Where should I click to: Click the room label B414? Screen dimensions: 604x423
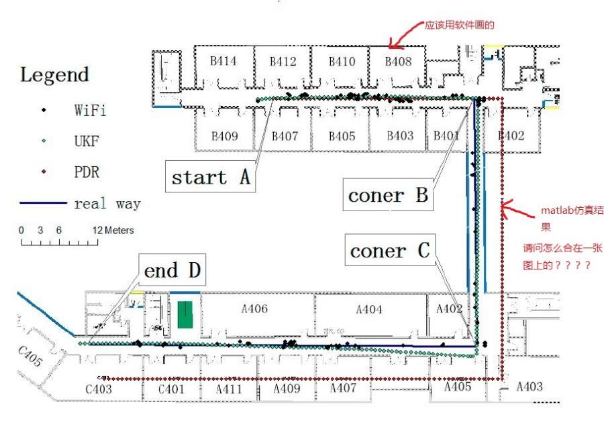[223, 61]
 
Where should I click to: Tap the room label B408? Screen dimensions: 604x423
[398, 61]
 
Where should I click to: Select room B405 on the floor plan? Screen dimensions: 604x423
[342, 136]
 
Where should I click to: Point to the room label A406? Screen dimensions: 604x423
[254, 308]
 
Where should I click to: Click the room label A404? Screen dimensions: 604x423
[369, 309]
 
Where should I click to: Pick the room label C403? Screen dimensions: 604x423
[99, 389]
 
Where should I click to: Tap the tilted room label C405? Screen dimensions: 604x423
[30, 356]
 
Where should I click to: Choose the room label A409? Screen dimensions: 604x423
[287, 388]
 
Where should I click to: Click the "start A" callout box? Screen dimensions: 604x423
[210, 177]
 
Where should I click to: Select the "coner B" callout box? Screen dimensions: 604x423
[388, 194]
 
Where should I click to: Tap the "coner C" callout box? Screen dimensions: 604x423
[390, 250]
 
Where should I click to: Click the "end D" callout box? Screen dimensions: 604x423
[172, 269]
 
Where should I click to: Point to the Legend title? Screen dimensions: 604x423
[54, 74]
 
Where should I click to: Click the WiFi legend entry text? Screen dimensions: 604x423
[90, 110]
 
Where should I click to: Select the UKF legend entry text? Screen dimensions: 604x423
[87, 141]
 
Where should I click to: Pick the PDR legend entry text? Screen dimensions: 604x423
[87, 172]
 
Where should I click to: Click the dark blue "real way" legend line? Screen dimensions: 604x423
[43, 203]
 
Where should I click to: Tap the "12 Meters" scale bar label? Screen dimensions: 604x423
[113, 230]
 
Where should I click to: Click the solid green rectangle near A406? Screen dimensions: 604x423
[185, 314]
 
